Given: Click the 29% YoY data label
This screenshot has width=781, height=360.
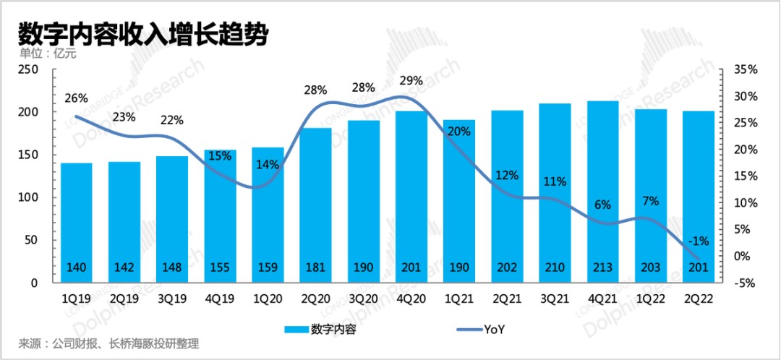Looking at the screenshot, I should (x=411, y=81).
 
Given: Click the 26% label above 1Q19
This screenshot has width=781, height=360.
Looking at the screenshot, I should (x=76, y=98).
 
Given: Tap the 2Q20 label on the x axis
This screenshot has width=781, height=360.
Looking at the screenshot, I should (x=315, y=296).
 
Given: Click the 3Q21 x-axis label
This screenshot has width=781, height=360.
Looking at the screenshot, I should (x=555, y=296).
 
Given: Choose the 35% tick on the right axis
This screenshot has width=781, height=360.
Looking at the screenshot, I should (x=744, y=69).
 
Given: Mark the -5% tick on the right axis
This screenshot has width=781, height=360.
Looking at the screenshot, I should (x=744, y=283).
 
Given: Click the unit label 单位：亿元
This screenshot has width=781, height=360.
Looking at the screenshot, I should (x=47, y=53).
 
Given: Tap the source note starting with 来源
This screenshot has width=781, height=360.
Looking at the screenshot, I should (x=108, y=343).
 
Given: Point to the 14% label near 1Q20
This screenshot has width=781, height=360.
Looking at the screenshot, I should (x=268, y=164).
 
